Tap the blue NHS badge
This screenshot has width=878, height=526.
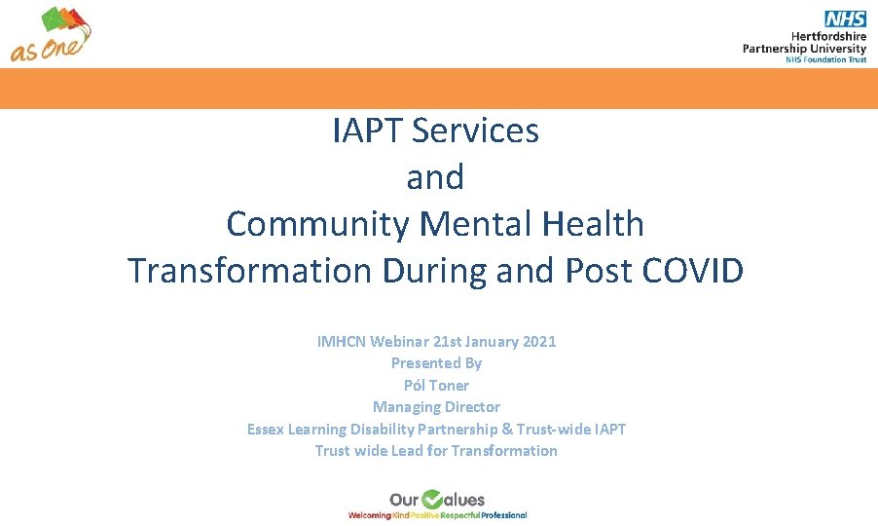pyautogui.click(x=844, y=19)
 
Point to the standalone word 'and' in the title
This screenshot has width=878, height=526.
pyautogui.click(x=435, y=177)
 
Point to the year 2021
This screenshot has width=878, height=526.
pyautogui.click(x=538, y=341)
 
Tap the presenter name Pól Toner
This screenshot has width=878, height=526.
pyautogui.click(x=436, y=385)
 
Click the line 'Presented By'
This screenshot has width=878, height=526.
pyautogui.click(x=436, y=362)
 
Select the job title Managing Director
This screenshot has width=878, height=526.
pyautogui.click(x=436, y=406)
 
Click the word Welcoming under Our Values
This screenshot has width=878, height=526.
pyautogui.click(x=370, y=514)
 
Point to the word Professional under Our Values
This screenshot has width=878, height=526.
pyautogui.click(x=504, y=514)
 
